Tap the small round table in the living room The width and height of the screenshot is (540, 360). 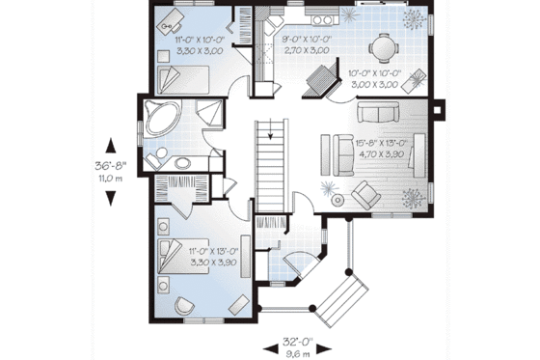(x=337, y=200)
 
